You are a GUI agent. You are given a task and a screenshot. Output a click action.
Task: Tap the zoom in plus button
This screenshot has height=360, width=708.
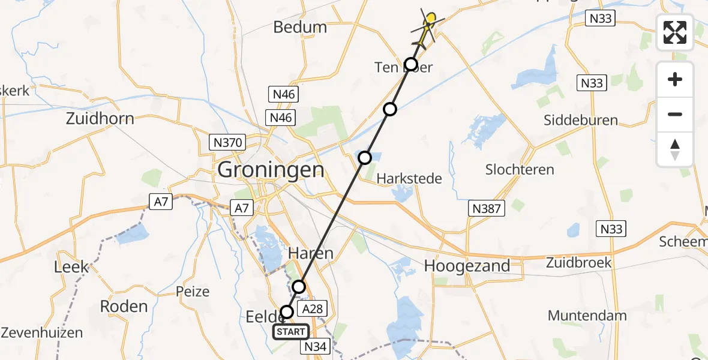click(x=675, y=79)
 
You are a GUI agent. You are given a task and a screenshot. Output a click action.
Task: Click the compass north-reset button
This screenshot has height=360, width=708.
click(x=675, y=149)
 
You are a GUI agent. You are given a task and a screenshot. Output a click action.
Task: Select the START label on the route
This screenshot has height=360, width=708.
click(x=291, y=331)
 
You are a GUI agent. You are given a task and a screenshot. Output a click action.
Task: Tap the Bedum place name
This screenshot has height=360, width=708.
click(x=300, y=27)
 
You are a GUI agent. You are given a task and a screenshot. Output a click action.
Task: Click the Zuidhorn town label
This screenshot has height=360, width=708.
click(x=100, y=118)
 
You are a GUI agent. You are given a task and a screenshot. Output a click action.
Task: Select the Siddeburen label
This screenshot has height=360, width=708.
click(x=580, y=120)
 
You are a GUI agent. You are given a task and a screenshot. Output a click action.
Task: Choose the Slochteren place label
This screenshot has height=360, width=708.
click(x=520, y=169)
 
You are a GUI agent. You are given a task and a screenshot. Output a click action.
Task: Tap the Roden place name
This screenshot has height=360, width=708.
click(x=124, y=306)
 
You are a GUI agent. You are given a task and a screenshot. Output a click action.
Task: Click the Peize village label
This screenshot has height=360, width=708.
click(x=193, y=292)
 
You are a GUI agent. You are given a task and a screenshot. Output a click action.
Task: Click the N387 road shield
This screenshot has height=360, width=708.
click(x=486, y=208)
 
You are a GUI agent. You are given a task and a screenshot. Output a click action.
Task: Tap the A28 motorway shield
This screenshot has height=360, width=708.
click(x=312, y=309)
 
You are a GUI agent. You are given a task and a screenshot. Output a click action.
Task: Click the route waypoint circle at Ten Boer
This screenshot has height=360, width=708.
click(x=410, y=64)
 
